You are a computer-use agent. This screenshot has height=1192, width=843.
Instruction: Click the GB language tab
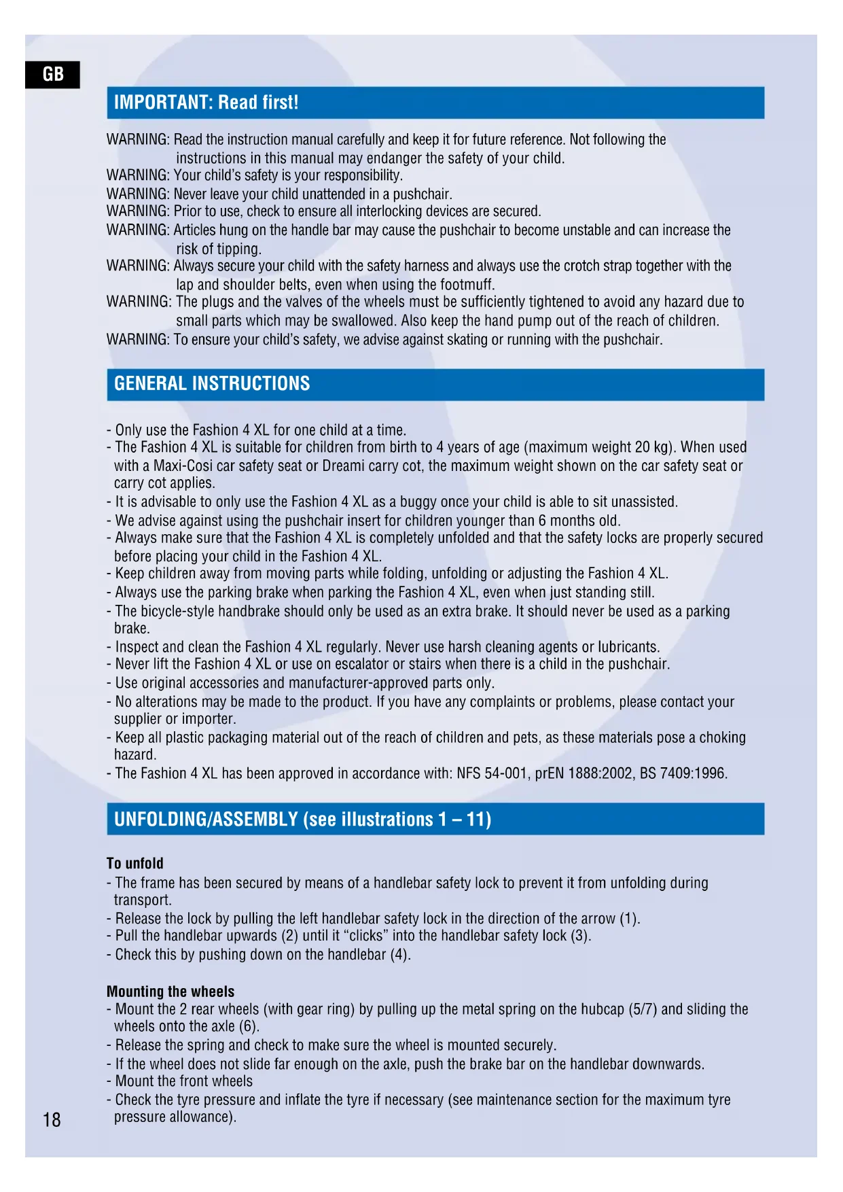tap(52, 74)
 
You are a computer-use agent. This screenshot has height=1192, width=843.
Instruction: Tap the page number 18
tap(52, 1119)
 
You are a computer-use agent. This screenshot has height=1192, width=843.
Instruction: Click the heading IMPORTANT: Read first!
tap(207, 103)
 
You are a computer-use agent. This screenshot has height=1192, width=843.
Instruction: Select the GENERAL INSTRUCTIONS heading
tap(212, 384)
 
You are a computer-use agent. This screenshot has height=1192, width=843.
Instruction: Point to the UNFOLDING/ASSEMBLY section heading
tap(302, 819)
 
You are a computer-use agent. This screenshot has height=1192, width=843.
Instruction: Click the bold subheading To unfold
tap(135, 864)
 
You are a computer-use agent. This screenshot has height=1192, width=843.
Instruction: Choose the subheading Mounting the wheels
tap(171, 992)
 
